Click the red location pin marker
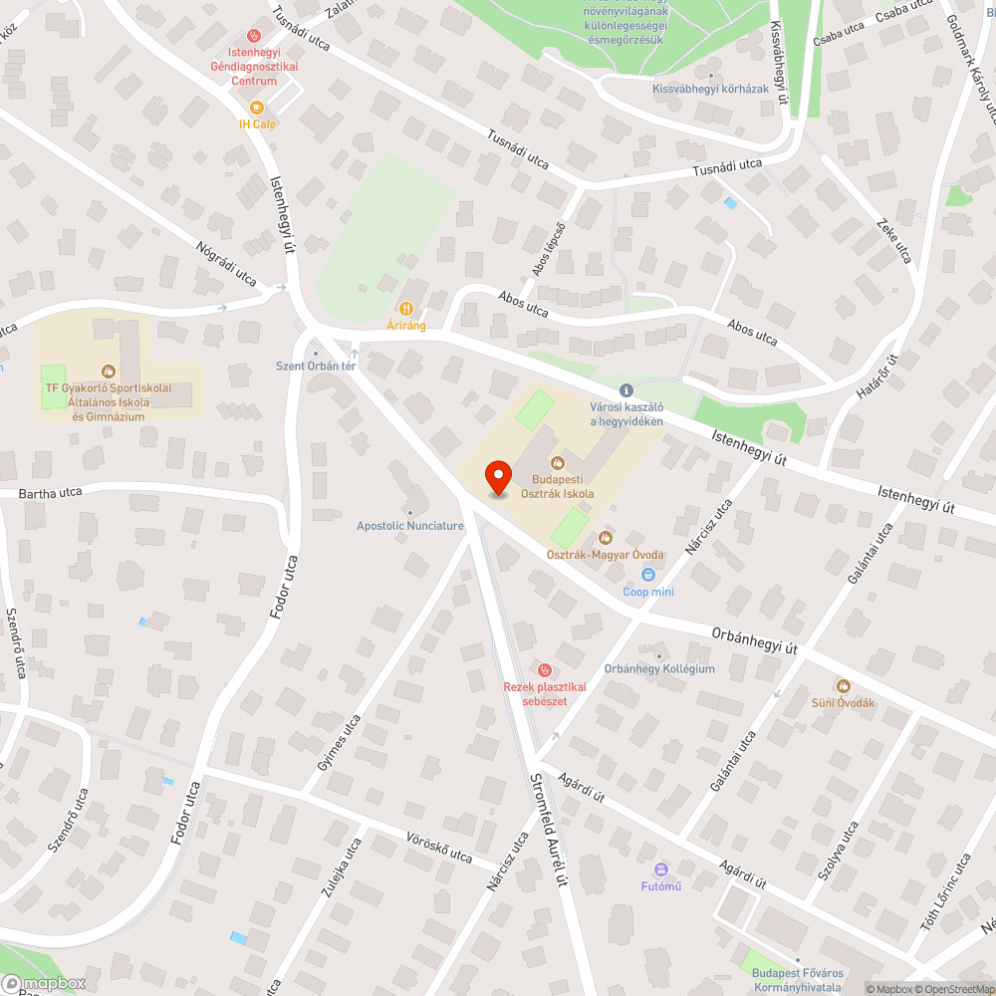[497, 479]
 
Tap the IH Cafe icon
[257, 107]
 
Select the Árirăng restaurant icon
[406, 309]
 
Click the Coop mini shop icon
[648, 575]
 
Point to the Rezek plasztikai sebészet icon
[544, 668]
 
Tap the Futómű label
[660, 886]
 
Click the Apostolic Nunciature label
[410, 526]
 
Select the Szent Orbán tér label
[316, 366]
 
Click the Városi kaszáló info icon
[625, 391]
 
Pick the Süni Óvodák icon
[843, 685]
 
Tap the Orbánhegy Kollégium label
[659, 668]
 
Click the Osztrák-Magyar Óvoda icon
[605, 538]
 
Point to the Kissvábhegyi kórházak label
[710, 89]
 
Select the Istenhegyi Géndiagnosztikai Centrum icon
[253, 33]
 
